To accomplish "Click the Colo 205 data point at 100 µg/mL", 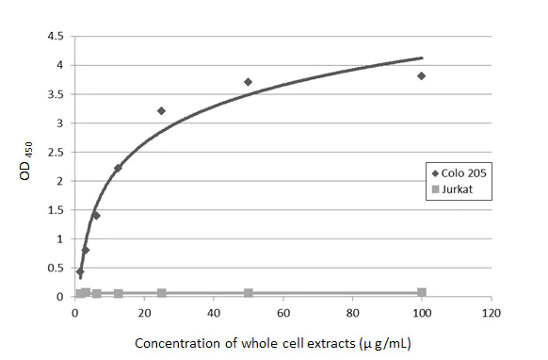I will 421,75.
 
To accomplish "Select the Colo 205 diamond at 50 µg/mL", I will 248,82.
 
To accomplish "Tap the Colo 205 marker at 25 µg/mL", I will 161,110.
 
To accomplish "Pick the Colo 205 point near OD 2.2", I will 118,168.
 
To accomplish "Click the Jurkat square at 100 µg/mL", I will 421,292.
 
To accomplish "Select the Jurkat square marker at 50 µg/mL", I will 248,293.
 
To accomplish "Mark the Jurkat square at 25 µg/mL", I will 161,293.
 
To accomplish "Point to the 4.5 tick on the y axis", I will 56,36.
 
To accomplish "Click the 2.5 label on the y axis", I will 56,152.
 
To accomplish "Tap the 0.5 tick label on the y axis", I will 56,268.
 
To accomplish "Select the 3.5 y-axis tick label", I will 56,94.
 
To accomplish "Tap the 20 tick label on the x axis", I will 144,312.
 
